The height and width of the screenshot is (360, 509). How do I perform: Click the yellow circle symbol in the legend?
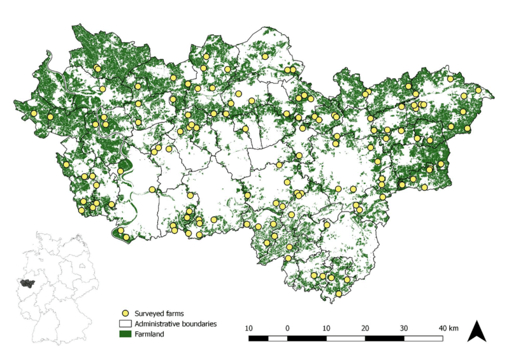click(125, 313)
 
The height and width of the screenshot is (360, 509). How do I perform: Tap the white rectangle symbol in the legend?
click(125, 324)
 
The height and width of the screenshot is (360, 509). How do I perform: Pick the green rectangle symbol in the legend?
click(125, 333)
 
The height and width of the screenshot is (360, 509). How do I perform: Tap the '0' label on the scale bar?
click(288, 328)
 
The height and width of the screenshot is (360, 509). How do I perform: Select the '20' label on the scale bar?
click(365, 328)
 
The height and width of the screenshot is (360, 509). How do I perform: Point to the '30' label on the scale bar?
click(404, 328)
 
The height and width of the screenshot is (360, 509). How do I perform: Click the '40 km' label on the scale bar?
click(448, 328)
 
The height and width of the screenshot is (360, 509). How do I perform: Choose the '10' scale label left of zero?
click(249, 328)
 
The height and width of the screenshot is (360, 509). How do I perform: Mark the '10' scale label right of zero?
click(326, 328)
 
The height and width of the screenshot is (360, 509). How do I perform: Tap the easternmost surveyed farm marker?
click(478, 90)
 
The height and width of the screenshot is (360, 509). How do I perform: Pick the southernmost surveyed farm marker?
click(340, 294)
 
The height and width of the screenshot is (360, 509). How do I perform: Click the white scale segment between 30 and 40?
click(423, 338)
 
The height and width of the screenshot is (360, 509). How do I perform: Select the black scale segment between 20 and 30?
click(384, 338)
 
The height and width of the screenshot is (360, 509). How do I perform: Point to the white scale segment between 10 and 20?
click(346, 338)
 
